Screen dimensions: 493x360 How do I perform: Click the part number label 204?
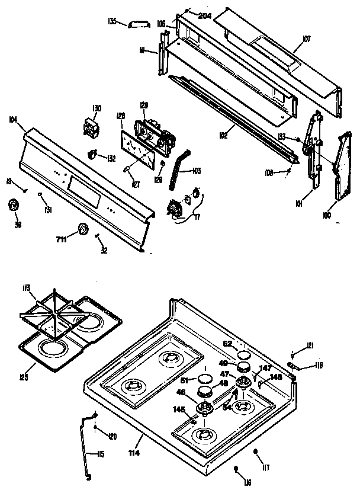(x=205, y=15)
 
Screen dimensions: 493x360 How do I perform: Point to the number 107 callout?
(x=306, y=39)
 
